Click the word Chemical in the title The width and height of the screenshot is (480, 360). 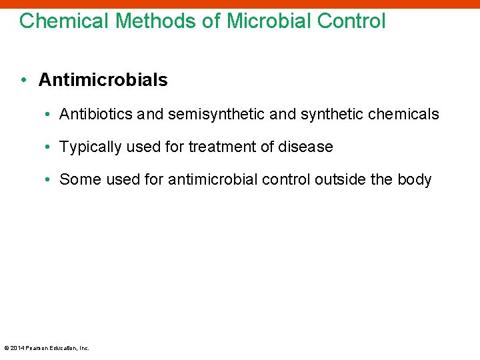point(64,21)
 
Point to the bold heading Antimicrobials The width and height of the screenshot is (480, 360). point(103,80)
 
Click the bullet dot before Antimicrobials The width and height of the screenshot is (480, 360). point(23,80)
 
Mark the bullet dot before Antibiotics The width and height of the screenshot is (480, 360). point(49,114)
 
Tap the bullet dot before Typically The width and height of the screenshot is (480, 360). point(49,147)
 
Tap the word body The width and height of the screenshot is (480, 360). point(415,179)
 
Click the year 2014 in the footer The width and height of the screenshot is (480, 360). point(16,348)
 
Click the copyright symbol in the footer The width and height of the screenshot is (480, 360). point(6,348)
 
